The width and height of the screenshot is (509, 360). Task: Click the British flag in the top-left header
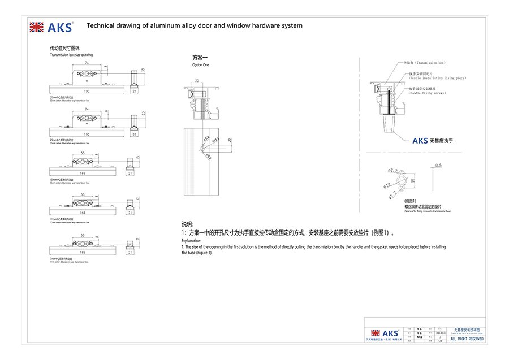(x=36, y=27)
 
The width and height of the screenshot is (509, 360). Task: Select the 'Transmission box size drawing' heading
(x=71, y=55)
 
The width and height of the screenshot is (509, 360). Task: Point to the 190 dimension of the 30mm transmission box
(x=87, y=90)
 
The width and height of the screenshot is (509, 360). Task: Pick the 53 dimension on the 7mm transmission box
(x=83, y=234)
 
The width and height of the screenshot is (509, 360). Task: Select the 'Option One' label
(x=200, y=65)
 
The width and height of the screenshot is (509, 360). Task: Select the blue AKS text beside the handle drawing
(x=420, y=140)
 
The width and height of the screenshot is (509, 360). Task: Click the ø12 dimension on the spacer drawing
(x=386, y=184)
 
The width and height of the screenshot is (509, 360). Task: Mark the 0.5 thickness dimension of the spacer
(x=439, y=166)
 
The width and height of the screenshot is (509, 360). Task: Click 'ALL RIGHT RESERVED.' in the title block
(x=467, y=339)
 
